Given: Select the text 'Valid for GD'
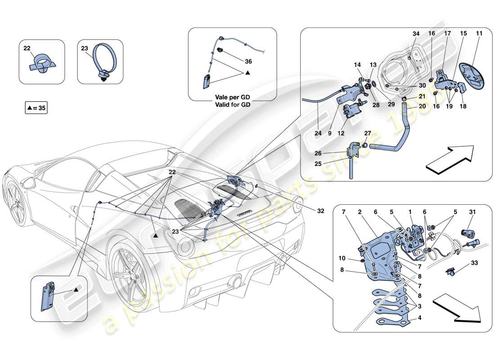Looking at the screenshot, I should click(x=233, y=104).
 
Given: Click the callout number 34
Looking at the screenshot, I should click(x=416, y=34).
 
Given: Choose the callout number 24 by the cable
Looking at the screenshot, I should click(x=318, y=133).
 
